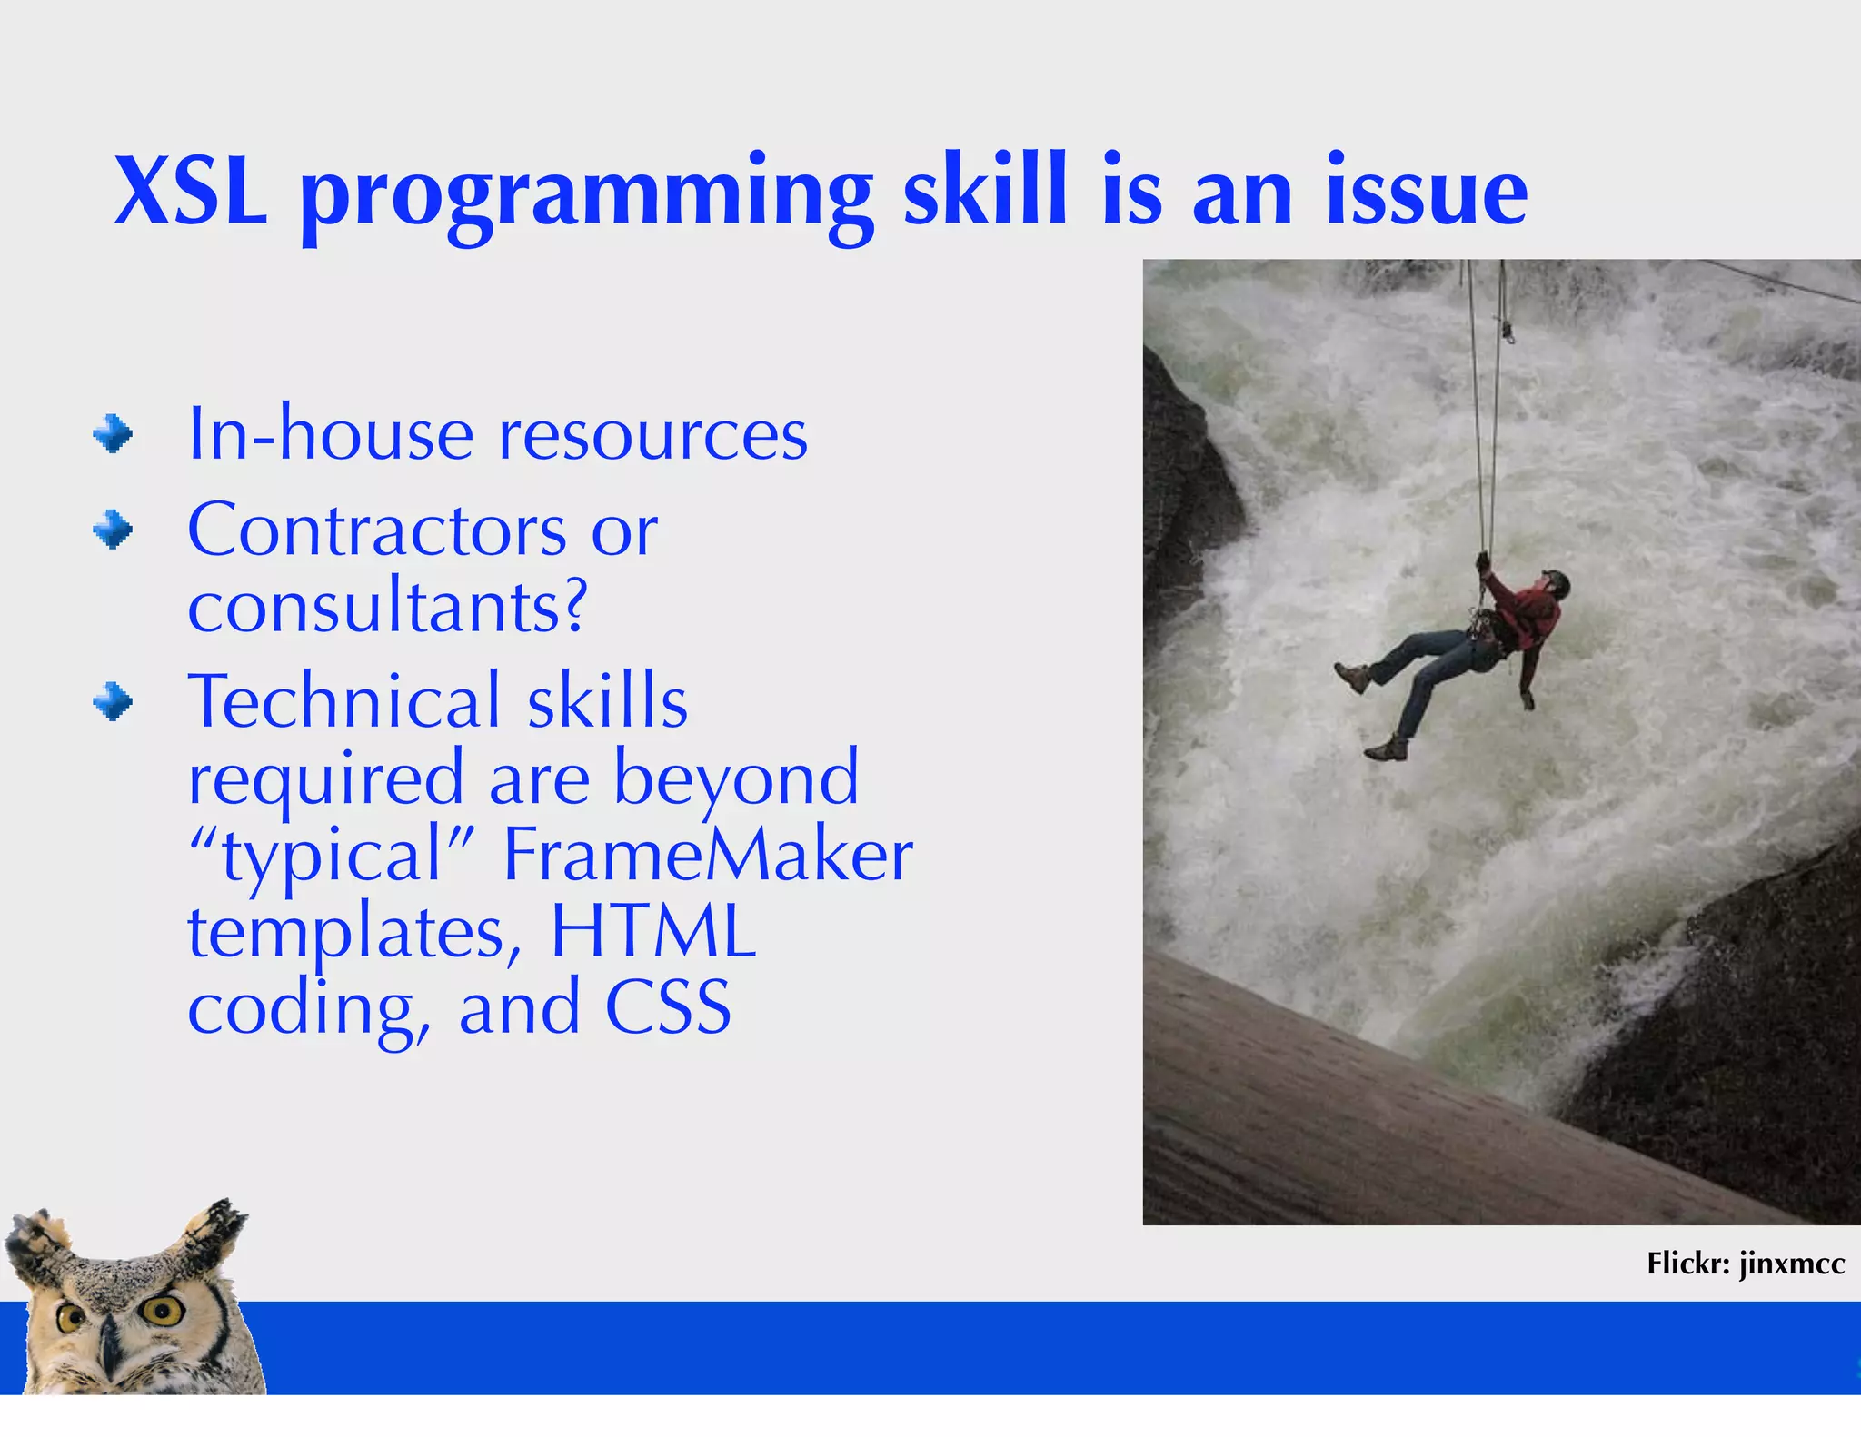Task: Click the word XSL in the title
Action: (191, 193)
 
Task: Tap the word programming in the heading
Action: (586, 195)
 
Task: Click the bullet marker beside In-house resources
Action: (113, 434)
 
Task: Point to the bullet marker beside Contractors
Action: (113, 530)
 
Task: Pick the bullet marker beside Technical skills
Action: (113, 702)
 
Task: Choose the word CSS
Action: (668, 1007)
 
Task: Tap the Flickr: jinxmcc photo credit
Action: (1745, 1264)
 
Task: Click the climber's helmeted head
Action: (1555, 583)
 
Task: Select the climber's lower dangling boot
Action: (1385, 750)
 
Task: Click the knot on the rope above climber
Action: (1507, 331)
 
